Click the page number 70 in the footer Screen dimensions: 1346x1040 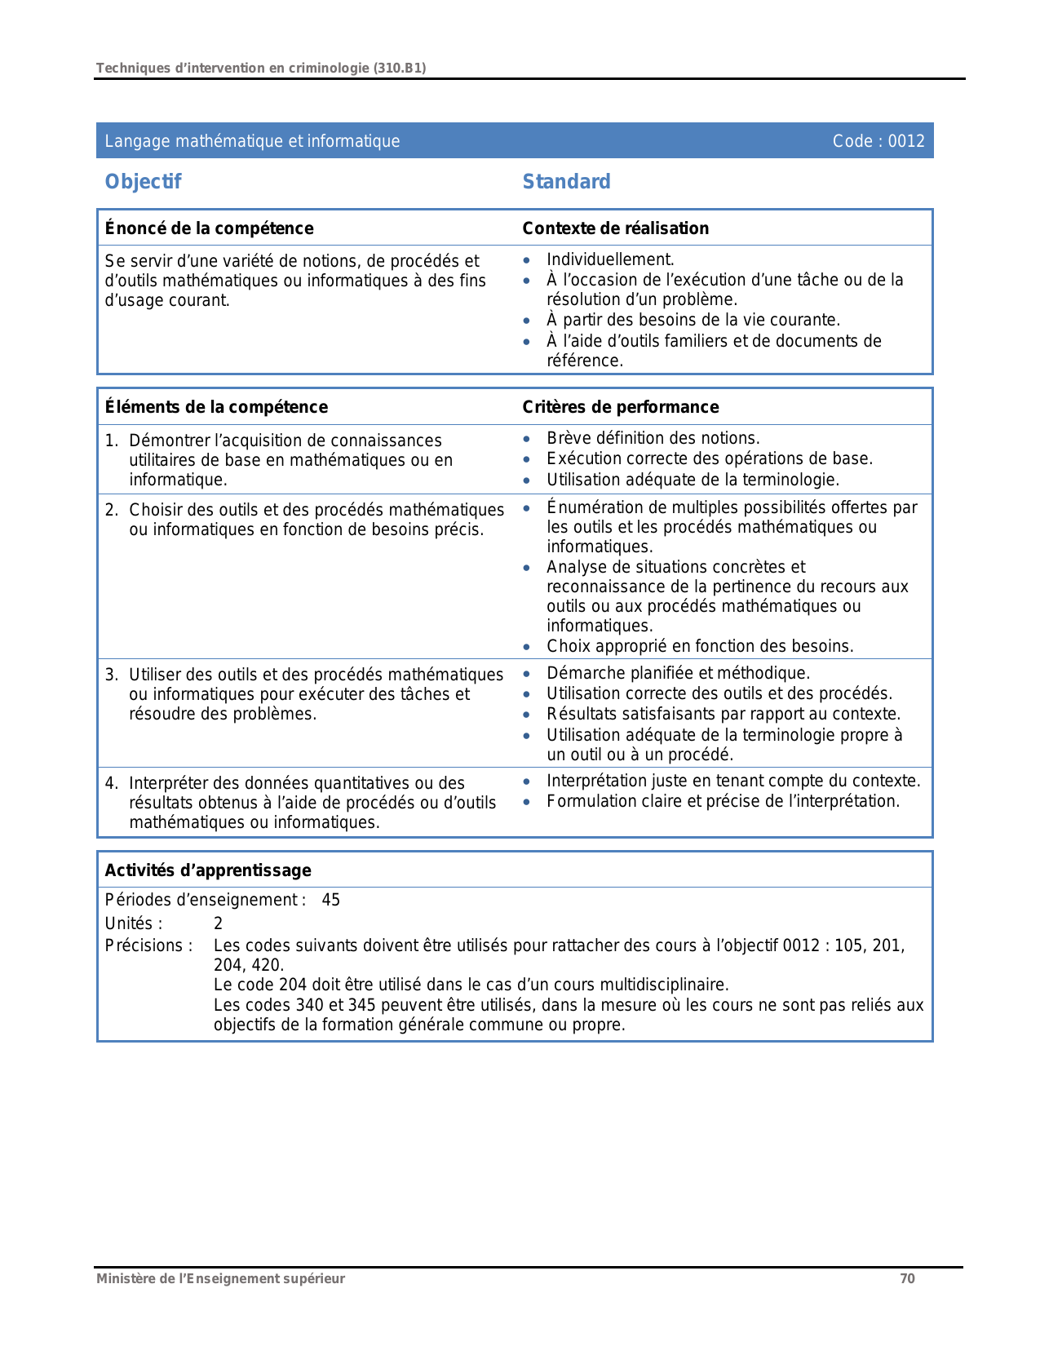(907, 1278)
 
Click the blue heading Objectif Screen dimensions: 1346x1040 (143, 182)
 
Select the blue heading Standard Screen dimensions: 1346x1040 (566, 182)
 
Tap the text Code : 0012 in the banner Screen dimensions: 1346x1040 (878, 141)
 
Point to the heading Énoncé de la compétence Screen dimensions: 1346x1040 (209, 228)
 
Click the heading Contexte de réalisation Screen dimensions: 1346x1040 (615, 228)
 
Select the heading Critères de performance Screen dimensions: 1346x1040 (620, 407)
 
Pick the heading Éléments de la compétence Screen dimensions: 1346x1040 (216, 407)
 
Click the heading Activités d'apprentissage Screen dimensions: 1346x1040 (208, 870)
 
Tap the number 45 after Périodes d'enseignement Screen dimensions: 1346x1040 (330, 901)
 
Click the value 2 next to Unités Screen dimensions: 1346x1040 (218, 923)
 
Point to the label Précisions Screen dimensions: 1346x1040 (148, 945)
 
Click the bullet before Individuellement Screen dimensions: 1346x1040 (528, 261)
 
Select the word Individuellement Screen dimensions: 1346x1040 (610, 259)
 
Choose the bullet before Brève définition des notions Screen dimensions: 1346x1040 (528, 440)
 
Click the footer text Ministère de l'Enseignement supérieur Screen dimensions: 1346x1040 (220, 1278)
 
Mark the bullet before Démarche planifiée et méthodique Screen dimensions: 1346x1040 (528, 675)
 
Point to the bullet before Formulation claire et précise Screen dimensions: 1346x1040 (528, 803)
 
